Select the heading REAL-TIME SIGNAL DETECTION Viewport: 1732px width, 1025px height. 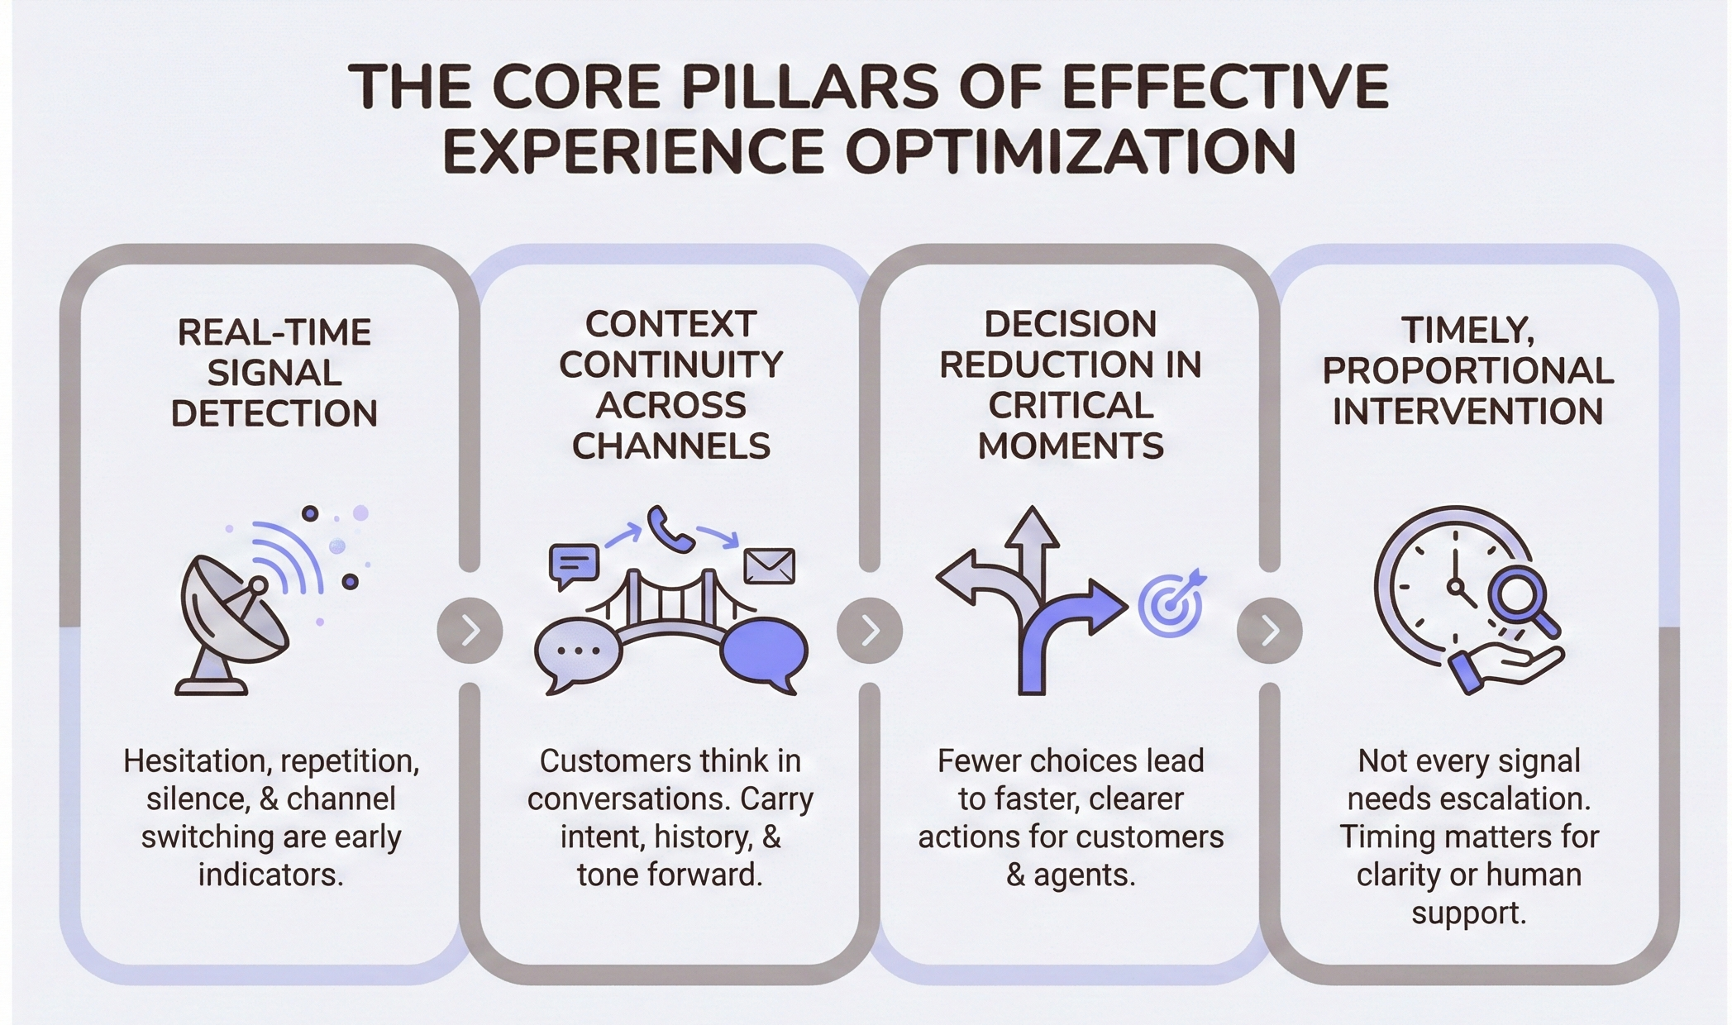coord(274,373)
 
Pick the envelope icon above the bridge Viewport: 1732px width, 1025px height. coord(769,566)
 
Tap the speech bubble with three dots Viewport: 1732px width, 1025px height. coord(578,652)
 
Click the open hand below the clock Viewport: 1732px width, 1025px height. coord(1505,666)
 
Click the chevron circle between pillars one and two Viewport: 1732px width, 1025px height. coord(470,631)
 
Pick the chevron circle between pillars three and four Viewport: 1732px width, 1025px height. coord(1269,631)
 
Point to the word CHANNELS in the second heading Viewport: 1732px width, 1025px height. coord(670,446)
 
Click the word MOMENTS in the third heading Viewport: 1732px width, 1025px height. coord(1071,446)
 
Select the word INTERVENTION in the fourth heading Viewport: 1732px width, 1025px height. coord(1467,412)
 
